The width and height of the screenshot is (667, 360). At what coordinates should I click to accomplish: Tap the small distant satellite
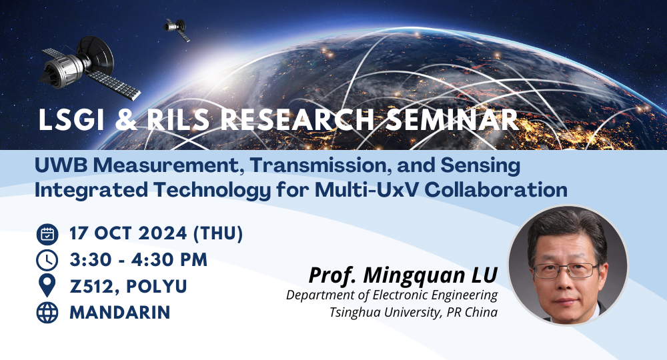pyautogui.click(x=177, y=29)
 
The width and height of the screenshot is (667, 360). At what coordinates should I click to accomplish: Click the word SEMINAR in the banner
pyautogui.click(x=452, y=120)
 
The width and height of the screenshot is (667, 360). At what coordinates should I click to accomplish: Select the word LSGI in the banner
pyautogui.click(x=71, y=120)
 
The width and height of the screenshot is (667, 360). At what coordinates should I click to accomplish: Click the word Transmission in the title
pyautogui.click(x=321, y=165)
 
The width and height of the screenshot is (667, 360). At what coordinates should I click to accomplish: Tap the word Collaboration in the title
pyautogui.click(x=496, y=190)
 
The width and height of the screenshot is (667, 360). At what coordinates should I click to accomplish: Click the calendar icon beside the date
pyautogui.click(x=47, y=234)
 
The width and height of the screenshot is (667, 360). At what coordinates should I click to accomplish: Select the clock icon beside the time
pyautogui.click(x=47, y=261)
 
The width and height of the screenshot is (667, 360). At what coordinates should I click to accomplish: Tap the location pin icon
pyautogui.click(x=47, y=286)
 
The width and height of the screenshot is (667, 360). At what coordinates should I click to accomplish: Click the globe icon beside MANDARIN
pyautogui.click(x=47, y=313)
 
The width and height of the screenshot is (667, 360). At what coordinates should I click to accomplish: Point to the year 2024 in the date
pyautogui.click(x=163, y=233)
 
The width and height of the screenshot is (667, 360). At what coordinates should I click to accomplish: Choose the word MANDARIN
pyautogui.click(x=120, y=313)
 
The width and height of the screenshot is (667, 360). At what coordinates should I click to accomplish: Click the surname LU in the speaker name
pyautogui.click(x=484, y=275)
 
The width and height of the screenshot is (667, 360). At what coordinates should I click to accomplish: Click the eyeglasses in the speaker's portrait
pyautogui.click(x=566, y=270)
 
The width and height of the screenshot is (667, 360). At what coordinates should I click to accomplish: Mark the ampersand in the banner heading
pyautogui.click(x=125, y=120)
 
